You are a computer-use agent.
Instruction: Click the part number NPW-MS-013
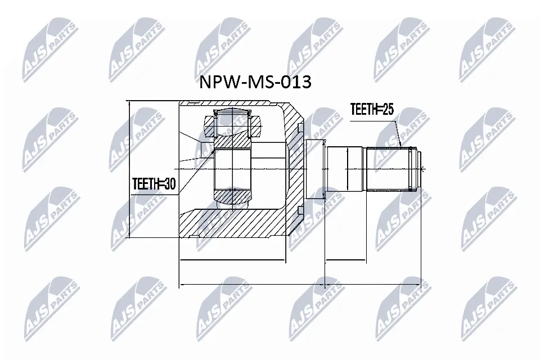[255, 83]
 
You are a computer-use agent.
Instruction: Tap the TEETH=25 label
[371, 110]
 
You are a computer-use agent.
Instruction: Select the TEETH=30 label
[154, 183]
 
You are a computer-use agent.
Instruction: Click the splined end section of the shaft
[391, 169]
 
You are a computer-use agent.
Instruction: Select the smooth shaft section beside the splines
[346, 169]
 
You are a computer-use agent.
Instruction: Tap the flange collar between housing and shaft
[316, 169]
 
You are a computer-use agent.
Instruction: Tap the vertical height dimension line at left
[129, 169]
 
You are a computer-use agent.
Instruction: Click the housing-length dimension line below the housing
[232, 261]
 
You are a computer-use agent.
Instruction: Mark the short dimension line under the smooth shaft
[345, 261]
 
